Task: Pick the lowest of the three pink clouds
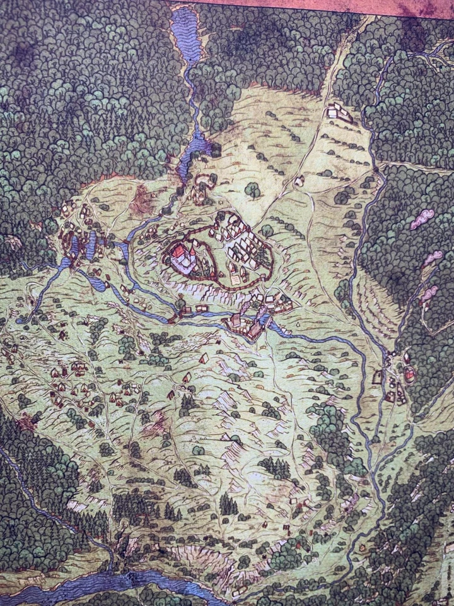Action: (430, 293)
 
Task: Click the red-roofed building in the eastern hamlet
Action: (409, 376)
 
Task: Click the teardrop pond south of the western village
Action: (96, 283)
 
